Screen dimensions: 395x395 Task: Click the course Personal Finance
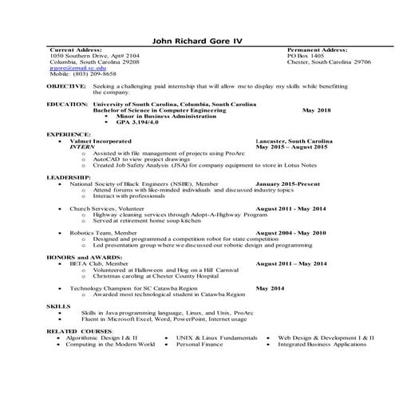click(x=199, y=344)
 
